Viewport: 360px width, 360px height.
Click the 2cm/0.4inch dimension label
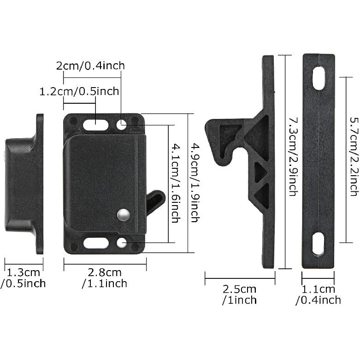pyautogui.click(x=90, y=65)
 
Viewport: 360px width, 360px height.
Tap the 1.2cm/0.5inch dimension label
pyautogui.click(x=79, y=91)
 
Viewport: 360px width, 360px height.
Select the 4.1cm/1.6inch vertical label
pyautogui.click(x=175, y=183)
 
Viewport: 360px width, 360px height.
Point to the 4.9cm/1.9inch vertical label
pyautogui.click(x=195, y=183)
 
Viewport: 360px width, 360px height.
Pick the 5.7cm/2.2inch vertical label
pyautogui.click(x=354, y=157)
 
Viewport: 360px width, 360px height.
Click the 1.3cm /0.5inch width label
pyautogui.click(x=23, y=278)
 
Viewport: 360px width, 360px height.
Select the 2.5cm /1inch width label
pyautogui.click(x=239, y=295)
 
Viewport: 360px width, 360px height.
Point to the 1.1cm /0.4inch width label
pyautogui.click(x=318, y=295)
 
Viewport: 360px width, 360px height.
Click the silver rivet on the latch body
pyautogui.click(x=123, y=214)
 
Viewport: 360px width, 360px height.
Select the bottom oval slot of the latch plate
pyautogui.click(x=96, y=243)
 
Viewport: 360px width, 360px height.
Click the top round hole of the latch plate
pyautogui.click(x=122, y=124)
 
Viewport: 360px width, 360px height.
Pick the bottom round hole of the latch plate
pyautogui.click(x=122, y=243)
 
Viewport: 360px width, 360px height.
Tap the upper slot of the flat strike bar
pyautogui.click(x=319, y=78)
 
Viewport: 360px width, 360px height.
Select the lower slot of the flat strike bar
pyautogui.click(x=318, y=243)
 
